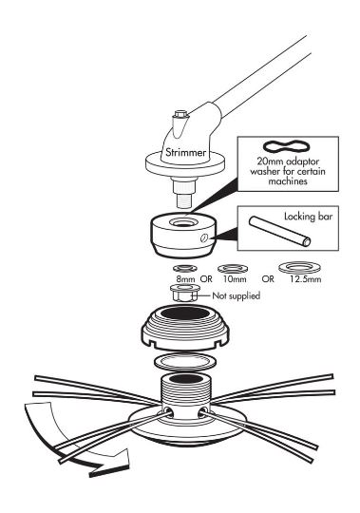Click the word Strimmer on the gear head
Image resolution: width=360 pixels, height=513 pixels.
click(186, 152)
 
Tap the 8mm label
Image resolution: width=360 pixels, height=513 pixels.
click(185, 279)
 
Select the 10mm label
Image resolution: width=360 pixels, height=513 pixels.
click(235, 279)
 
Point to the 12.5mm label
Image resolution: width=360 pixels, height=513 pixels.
click(306, 279)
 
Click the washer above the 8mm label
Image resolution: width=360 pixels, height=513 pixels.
click(185, 268)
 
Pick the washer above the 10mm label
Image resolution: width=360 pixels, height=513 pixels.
click(233, 269)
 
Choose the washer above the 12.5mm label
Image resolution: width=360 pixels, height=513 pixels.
click(300, 267)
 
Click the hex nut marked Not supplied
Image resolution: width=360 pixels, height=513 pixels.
click(184, 293)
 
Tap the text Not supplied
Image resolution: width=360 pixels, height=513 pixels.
click(237, 295)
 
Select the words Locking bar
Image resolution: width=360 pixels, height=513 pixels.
click(308, 217)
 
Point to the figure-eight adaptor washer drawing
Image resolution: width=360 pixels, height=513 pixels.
click(286, 146)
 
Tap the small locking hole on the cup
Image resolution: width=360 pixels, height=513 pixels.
click(203, 238)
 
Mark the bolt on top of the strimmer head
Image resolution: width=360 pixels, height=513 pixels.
click(180, 115)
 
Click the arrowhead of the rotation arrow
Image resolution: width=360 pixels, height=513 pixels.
click(112, 464)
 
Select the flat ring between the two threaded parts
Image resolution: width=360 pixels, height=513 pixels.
click(184, 362)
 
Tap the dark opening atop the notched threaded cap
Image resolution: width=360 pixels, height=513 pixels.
click(184, 313)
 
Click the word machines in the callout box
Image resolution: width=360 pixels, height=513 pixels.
click(288, 180)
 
